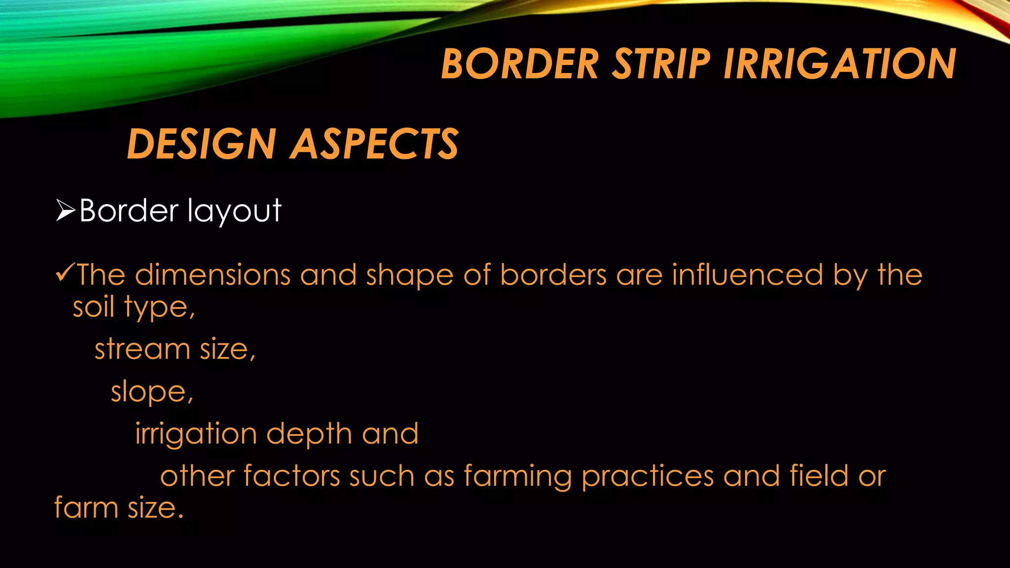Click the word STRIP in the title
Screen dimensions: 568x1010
(661, 64)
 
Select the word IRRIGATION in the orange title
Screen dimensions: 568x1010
(840, 64)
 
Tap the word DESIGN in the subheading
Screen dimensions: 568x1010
(201, 144)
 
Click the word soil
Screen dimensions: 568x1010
(93, 307)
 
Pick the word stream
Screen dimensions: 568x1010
(142, 349)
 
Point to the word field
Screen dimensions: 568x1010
(819, 476)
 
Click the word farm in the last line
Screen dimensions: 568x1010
(86, 508)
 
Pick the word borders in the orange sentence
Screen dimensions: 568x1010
(553, 275)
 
